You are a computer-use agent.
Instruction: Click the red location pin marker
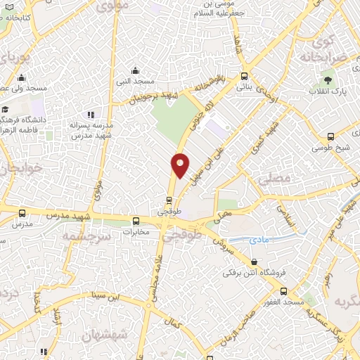coord(181,165)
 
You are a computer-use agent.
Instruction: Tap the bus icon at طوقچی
coord(169,199)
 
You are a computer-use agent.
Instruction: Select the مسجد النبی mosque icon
coord(136,70)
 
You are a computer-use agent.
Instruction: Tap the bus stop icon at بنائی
coord(244,76)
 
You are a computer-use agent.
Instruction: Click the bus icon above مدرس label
coord(23,213)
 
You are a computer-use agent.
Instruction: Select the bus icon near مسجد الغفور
coord(283,290)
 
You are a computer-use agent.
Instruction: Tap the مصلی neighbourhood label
coord(274,180)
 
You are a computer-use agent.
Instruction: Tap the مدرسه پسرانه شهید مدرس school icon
coord(89,115)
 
